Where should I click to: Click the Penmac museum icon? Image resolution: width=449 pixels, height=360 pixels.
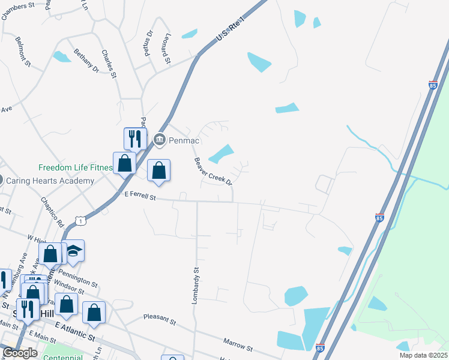[x=159, y=140]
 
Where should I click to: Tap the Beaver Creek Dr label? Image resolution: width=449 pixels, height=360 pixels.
[x=212, y=171]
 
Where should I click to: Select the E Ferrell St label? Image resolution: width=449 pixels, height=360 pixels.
[x=140, y=196]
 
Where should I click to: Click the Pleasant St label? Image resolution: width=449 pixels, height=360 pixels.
[x=159, y=319]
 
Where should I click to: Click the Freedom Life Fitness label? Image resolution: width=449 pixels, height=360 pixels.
[x=76, y=168]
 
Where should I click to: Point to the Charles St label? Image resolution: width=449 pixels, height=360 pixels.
[x=108, y=64]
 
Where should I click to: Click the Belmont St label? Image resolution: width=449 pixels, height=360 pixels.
[x=23, y=52]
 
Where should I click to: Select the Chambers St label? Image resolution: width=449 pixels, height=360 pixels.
[x=18, y=11]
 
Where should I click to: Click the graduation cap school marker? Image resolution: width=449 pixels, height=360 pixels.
[x=74, y=250]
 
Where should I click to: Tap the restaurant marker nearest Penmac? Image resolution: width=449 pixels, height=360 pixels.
[x=133, y=139]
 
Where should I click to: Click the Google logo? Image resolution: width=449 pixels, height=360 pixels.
[x=19, y=353]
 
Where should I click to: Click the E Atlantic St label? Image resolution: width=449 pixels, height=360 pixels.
[x=75, y=331]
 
